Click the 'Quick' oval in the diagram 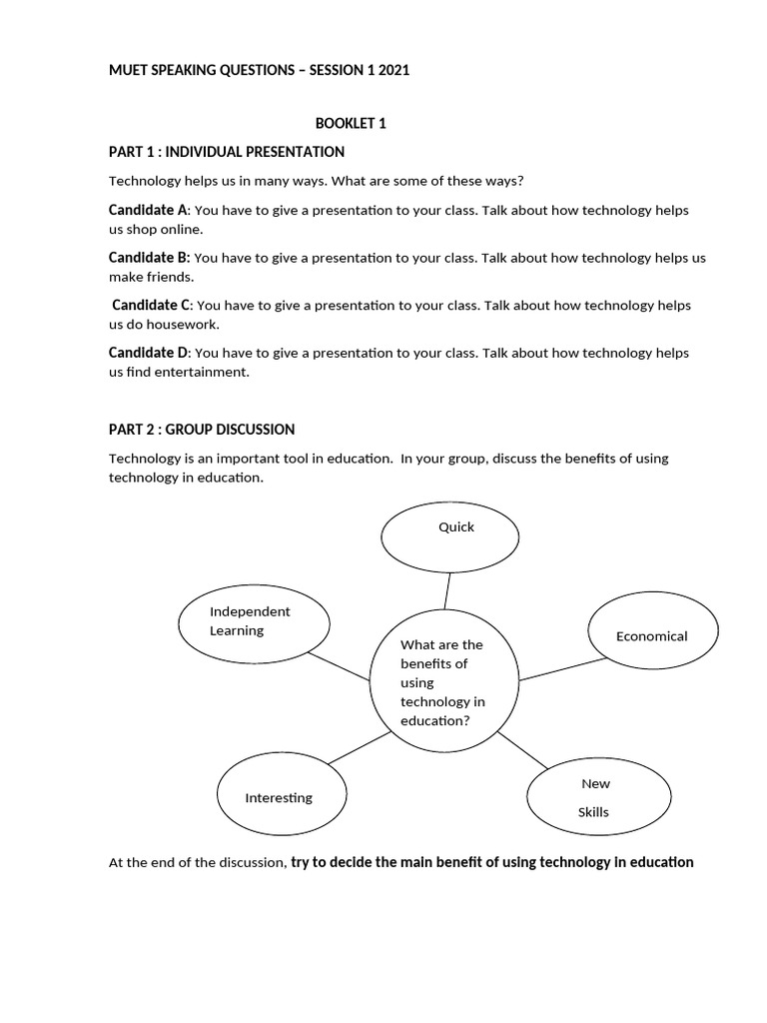449,537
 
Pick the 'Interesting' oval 283,796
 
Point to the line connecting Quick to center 448,590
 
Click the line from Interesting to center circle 359,747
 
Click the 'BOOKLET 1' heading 351,124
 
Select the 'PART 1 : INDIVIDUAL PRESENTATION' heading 226,152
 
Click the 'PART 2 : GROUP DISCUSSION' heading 201,430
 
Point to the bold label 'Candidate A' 148,211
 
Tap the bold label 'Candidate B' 148,258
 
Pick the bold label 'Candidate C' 151,305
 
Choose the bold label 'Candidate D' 148,353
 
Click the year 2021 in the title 392,70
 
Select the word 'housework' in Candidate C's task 186,325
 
